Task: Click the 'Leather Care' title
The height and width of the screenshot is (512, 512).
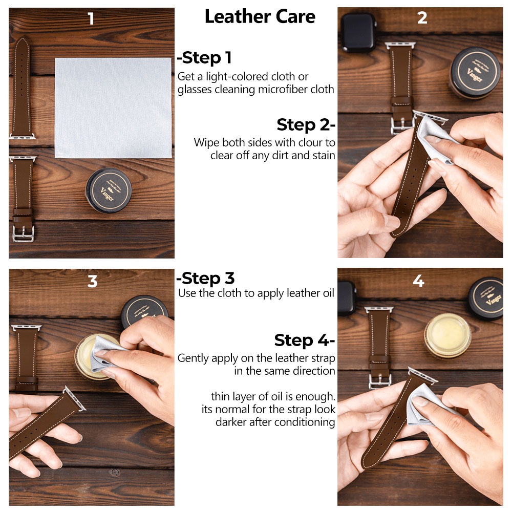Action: click(260, 17)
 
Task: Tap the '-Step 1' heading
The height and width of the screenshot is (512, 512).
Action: click(204, 58)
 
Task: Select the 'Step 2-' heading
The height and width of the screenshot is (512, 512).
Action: click(306, 125)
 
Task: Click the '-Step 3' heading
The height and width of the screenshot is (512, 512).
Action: click(205, 279)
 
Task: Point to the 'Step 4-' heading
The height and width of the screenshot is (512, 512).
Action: click(305, 340)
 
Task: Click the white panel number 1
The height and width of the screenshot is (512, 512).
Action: click(91, 18)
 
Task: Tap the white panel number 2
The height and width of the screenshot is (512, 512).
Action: click(422, 17)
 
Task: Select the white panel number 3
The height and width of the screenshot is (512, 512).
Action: click(92, 281)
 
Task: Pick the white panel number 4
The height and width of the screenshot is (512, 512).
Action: click(419, 281)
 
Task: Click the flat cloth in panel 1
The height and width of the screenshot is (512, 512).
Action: click(113, 108)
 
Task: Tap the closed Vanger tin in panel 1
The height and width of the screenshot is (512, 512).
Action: click(109, 190)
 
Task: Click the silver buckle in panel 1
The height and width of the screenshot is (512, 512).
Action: click(23, 234)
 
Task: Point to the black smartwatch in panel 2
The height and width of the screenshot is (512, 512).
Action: click(358, 33)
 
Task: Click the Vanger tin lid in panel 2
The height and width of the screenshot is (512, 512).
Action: click(475, 73)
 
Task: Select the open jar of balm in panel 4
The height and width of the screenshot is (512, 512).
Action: click(447, 335)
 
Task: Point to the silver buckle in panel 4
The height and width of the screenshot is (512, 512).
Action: click(380, 381)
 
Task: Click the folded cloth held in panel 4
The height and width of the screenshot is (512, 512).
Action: click(428, 405)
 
